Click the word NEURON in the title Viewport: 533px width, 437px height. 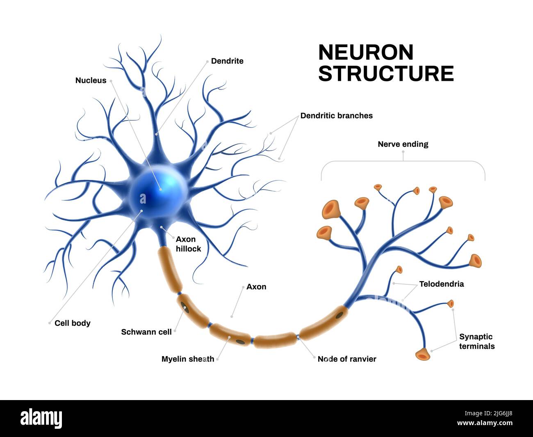coord(366,53)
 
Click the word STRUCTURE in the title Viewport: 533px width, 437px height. coord(386,74)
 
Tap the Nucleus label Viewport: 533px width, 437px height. coord(91,80)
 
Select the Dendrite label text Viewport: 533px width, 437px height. coord(227,61)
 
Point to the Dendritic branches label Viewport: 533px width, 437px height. coord(336,116)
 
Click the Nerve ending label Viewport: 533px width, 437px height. coord(403,144)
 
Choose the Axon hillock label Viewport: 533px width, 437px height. coord(188,244)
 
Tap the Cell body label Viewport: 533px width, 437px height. coord(72,323)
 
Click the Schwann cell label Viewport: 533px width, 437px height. coord(146,332)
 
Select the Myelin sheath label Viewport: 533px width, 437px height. coord(188,359)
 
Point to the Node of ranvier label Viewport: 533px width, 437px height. coord(347,359)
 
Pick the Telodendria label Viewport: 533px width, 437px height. coord(442,284)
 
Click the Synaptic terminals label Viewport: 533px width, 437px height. coord(476,341)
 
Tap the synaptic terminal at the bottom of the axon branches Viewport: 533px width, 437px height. coord(423,354)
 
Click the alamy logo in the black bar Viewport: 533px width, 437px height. coord(41,418)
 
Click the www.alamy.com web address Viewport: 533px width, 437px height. coord(485,423)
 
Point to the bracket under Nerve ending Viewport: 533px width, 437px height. coord(403,163)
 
